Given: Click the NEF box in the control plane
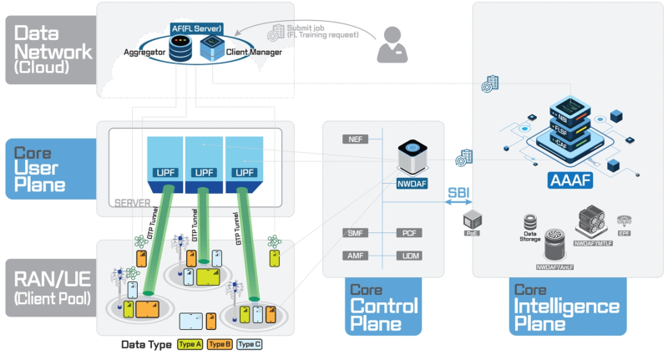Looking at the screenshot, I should [x=355, y=139].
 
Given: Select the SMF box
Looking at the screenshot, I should [x=355, y=233].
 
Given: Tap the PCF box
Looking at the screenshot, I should [x=409, y=233].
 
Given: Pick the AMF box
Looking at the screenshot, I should [x=355, y=255].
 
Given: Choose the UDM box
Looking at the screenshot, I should [x=409, y=255].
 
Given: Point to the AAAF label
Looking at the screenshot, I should [x=569, y=180].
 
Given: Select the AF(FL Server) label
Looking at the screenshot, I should [x=197, y=28].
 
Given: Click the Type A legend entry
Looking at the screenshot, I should [x=190, y=344].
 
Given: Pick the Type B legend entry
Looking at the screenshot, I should [x=220, y=344].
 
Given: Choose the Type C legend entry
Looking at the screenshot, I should [x=250, y=344].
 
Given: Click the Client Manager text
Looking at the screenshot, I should [x=254, y=52].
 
